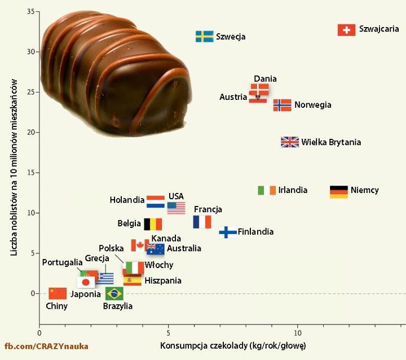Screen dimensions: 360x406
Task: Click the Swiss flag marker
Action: tap(346, 30)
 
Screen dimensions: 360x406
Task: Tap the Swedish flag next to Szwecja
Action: tap(204, 37)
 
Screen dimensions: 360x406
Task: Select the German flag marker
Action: tap(339, 191)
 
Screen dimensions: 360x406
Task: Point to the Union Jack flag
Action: tap(290, 142)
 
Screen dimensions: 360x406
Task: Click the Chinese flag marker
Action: tap(58, 293)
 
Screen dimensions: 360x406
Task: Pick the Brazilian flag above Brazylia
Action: tap(114, 293)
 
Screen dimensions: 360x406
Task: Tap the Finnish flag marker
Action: tap(228, 232)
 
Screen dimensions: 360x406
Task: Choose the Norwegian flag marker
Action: tap(282, 106)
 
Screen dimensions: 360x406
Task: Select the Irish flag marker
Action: tap(267, 190)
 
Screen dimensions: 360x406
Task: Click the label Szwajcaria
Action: tap(379, 29)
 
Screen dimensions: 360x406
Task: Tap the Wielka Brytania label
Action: tap(331, 142)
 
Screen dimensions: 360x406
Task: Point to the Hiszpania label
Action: tap(163, 280)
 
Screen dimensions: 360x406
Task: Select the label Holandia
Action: tap(127, 200)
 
